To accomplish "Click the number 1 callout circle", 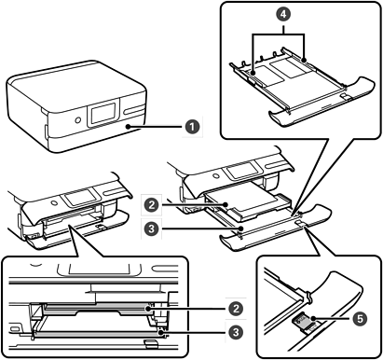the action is point(193,127).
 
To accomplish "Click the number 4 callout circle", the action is point(283,14).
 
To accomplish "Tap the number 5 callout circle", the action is point(360,319).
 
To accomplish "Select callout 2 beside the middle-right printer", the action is point(152,205).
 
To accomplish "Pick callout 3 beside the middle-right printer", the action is point(152,229).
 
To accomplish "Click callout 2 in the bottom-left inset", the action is point(236,309).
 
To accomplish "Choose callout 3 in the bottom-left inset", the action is point(236,333).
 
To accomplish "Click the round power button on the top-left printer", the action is point(77,119).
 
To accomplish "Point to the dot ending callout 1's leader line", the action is point(128,127).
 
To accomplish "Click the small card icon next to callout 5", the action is point(300,319).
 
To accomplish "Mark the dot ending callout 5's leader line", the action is point(314,318).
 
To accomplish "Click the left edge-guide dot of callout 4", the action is point(253,74).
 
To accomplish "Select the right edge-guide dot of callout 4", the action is point(304,59).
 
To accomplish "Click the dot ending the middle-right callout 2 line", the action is point(226,205).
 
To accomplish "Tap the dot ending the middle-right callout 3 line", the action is point(240,229).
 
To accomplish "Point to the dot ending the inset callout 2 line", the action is point(150,309).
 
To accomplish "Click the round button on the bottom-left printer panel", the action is point(55,202).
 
